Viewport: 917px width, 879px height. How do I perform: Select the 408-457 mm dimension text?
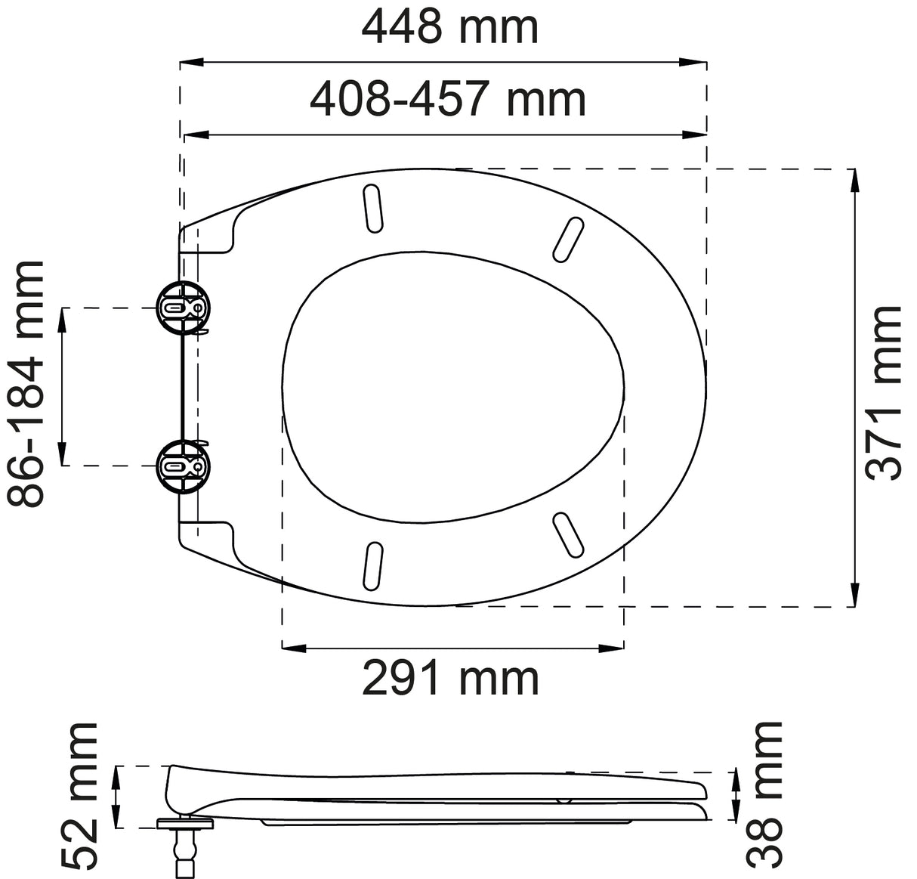click(x=448, y=100)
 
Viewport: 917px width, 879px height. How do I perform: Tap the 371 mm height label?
click(x=884, y=392)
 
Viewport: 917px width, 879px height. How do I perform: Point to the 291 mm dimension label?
click(x=451, y=678)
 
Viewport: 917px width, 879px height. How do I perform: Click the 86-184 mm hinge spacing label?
click(x=27, y=384)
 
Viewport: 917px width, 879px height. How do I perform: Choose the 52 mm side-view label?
click(x=80, y=794)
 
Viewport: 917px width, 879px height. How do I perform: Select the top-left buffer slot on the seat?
click(x=372, y=207)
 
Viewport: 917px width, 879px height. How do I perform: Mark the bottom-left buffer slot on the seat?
click(x=371, y=565)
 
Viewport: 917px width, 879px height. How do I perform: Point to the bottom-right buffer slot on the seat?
click(x=568, y=535)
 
